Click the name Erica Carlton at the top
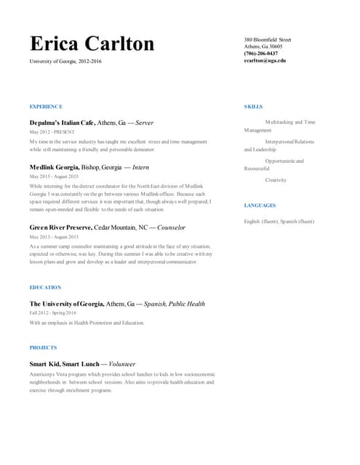click(92, 44)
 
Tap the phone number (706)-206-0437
click(261, 53)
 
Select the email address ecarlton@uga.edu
click(265, 60)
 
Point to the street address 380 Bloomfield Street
click(268, 39)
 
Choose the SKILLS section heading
click(253, 107)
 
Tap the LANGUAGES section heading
click(260, 206)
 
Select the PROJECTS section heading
click(43, 348)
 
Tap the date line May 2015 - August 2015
click(53, 177)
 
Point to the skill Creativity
click(276, 179)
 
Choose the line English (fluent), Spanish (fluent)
click(279, 221)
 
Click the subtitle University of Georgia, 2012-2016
click(65, 62)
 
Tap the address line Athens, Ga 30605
click(263, 46)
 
